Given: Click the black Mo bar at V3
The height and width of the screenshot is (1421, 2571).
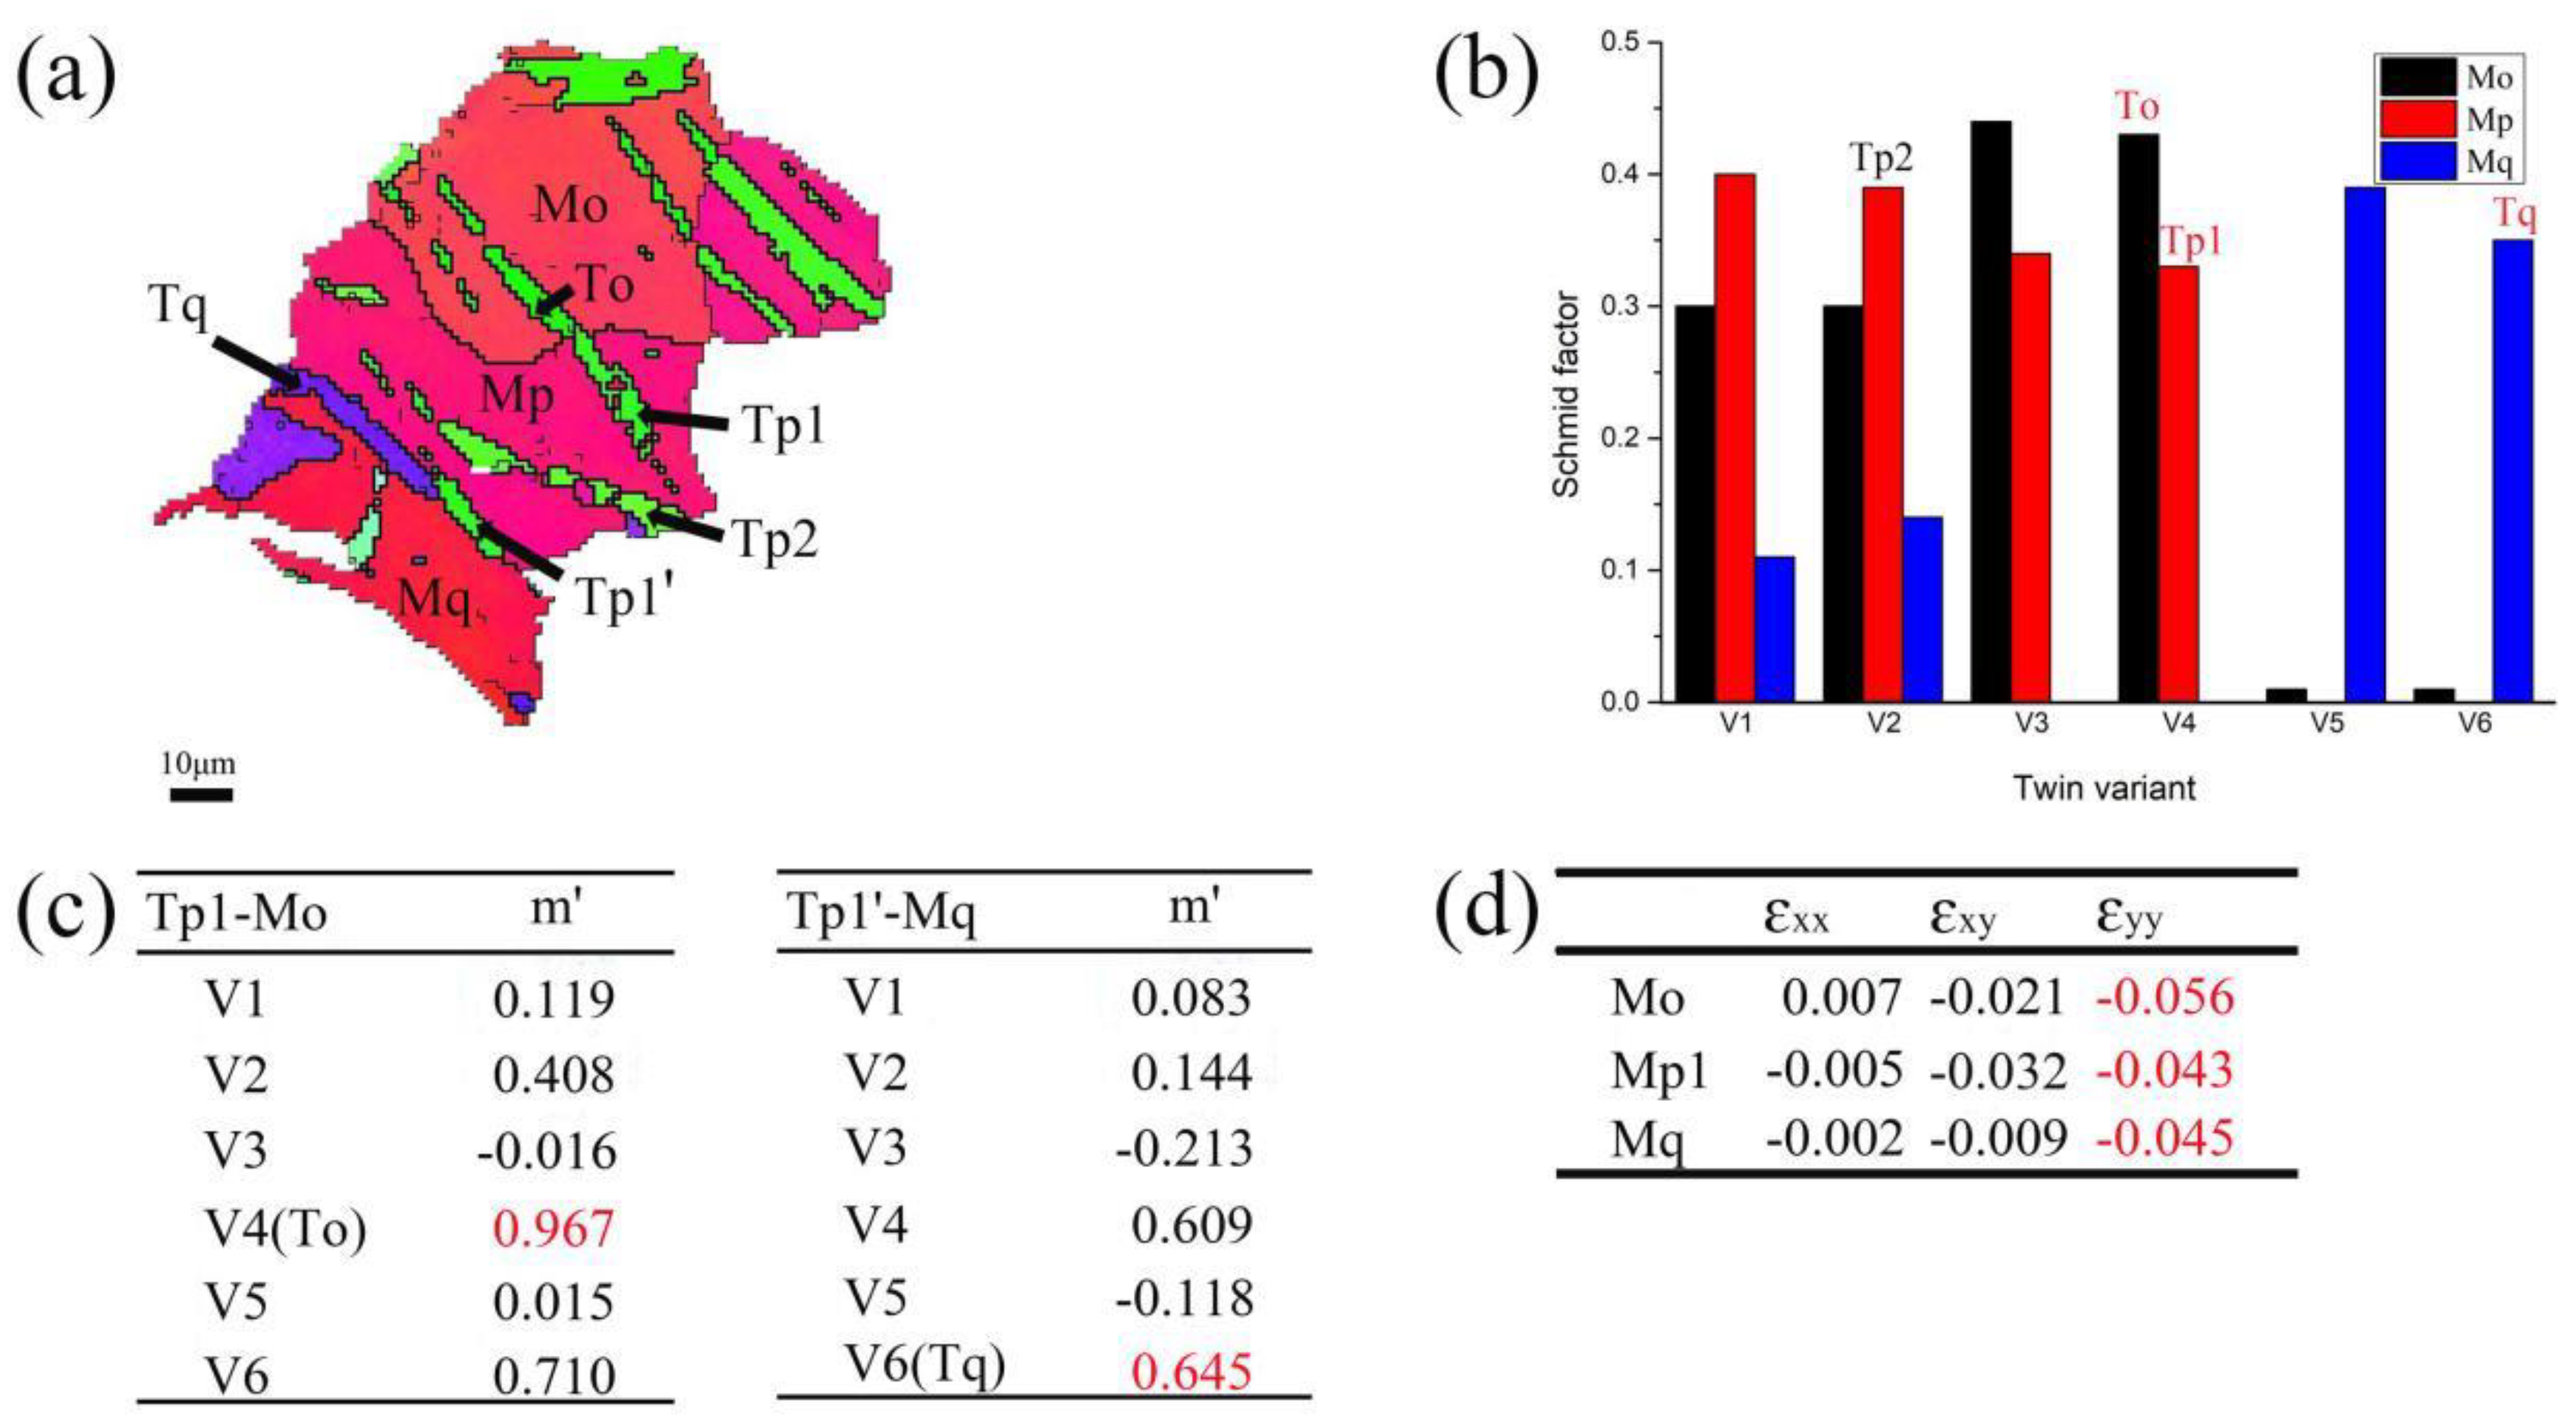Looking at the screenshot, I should click(1990, 411).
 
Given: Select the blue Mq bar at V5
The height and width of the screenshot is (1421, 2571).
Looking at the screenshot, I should click(2365, 444).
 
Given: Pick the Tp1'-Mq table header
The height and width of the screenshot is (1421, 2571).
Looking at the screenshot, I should click(881, 913).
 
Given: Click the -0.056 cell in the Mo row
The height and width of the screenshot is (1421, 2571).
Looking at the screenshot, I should click(2164, 997).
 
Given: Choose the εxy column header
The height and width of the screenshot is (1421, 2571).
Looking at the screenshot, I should click(1962, 916).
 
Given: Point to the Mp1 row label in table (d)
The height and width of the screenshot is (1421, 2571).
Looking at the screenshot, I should click(1659, 1071).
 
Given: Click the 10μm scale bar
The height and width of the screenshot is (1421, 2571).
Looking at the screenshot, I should click(201, 795).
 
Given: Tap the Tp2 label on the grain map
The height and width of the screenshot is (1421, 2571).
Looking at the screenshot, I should click(776, 540).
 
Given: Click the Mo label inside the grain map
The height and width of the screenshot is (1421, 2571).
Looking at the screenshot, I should click(571, 205).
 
